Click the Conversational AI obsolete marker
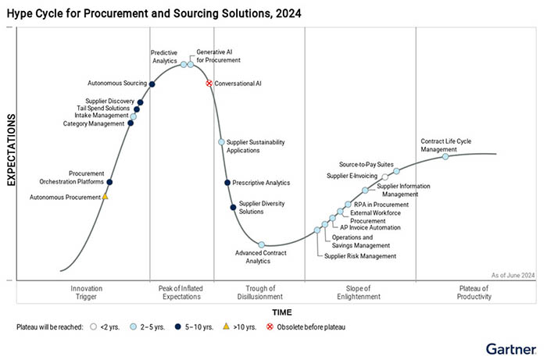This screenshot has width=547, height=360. pos(209,83)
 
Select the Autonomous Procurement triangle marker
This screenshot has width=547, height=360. pos(105,197)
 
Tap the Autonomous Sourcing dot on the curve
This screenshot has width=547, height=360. pos(152,84)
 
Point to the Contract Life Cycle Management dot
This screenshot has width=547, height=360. pos(445,156)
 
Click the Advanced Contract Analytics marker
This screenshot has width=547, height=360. pos(262,245)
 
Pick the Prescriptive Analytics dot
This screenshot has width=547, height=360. pos(227,183)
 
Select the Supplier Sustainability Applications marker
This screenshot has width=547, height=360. pos(221,142)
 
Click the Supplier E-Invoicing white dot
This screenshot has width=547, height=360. pos(384,177)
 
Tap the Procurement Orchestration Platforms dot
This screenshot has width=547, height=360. pos(109,182)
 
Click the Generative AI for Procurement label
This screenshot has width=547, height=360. pos(218,55)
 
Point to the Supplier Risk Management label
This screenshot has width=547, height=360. pos(361,256)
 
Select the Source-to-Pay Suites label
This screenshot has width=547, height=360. pos(364,165)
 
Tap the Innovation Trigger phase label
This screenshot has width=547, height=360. pos(86,293)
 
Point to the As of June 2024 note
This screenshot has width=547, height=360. pos(513,275)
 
